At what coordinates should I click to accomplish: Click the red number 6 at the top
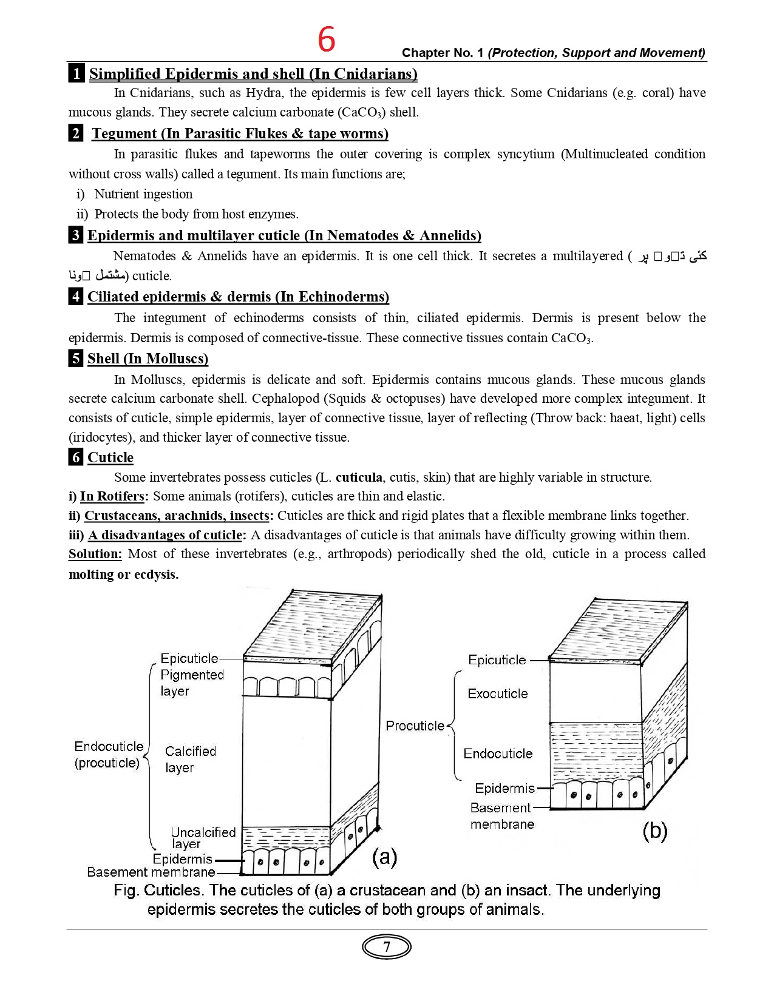[x=327, y=39]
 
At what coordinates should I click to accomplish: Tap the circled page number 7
[x=387, y=947]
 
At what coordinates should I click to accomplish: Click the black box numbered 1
[x=76, y=73]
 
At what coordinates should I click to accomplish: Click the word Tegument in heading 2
[x=124, y=133]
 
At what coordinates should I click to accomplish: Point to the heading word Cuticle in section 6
[x=110, y=457]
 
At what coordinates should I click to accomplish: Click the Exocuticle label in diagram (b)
[x=498, y=693]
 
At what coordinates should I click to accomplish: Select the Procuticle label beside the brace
[x=415, y=726]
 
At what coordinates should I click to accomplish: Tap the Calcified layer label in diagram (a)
[x=191, y=759]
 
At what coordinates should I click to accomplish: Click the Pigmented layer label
[x=192, y=682]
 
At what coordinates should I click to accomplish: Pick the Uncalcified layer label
[x=203, y=837]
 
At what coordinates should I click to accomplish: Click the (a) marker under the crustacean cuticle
[x=384, y=857]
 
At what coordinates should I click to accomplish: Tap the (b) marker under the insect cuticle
[x=654, y=830]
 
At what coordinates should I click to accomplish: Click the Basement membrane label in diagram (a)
[x=151, y=872]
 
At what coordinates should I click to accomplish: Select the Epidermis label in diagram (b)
[x=504, y=788]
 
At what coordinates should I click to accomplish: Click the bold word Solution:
[x=95, y=554]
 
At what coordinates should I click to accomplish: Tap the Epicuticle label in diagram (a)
[x=189, y=658]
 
